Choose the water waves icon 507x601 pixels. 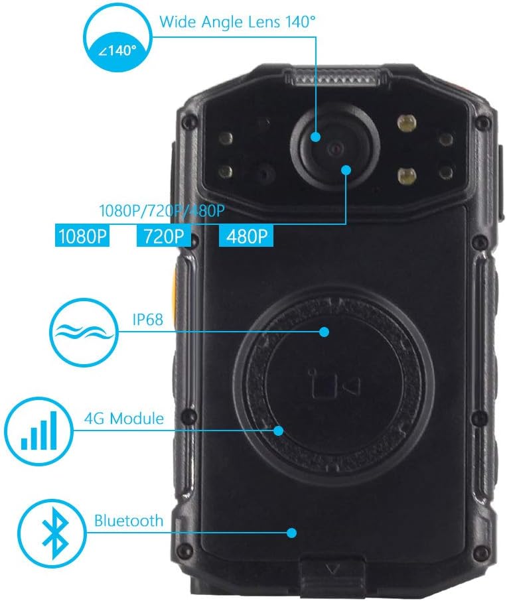click(82, 332)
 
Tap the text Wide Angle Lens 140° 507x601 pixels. click(237, 21)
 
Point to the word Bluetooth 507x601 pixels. click(128, 520)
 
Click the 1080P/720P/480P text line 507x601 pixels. click(162, 212)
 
